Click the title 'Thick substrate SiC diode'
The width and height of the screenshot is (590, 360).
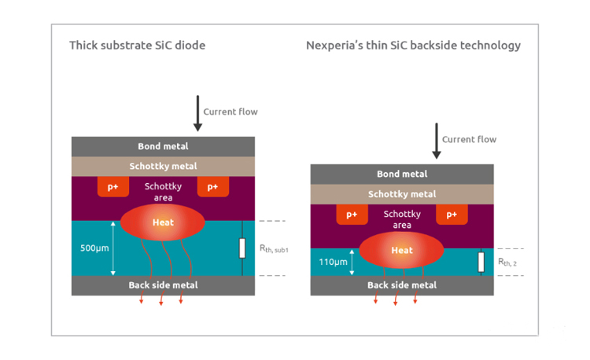137,45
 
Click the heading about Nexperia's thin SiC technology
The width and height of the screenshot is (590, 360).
413,45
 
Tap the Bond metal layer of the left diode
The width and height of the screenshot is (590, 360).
163,146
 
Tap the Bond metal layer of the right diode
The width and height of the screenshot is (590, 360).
402,174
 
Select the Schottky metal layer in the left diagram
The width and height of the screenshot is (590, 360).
163,166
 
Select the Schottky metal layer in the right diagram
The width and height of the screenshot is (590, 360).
402,194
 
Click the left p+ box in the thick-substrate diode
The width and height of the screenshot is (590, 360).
113,187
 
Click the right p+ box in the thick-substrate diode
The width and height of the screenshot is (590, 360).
212,187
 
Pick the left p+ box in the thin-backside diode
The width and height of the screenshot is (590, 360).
352,215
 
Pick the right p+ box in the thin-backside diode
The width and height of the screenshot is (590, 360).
452,215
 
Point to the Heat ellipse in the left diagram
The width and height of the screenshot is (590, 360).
163,222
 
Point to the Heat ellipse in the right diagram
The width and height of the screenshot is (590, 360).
401,250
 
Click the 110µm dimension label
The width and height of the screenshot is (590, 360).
334,262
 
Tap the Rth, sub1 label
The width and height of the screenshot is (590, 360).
274,248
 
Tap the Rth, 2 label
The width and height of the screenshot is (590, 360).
507,262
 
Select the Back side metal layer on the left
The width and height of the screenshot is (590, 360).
163,285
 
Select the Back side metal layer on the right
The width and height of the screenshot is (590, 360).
402,285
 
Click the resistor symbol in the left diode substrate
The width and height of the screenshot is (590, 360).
242,248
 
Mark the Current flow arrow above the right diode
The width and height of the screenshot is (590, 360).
435,140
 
